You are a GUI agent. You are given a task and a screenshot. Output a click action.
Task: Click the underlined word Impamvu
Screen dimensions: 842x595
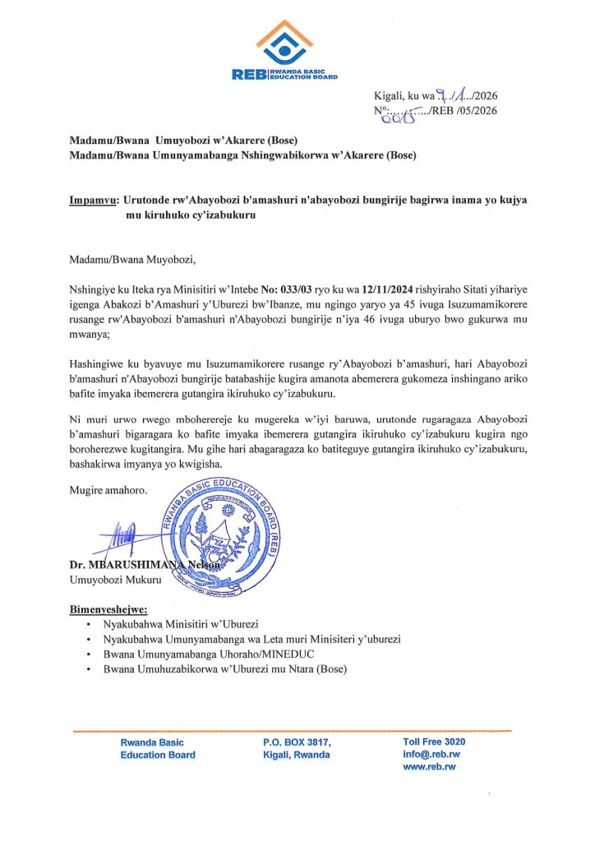click(93, 200)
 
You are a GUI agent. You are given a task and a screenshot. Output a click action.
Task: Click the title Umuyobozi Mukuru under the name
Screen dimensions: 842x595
click(110, 579)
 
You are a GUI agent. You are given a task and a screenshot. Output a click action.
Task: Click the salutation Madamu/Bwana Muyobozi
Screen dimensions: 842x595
click(134, 261)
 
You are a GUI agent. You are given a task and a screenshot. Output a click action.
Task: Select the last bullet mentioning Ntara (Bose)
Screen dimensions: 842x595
click(224, 669)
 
